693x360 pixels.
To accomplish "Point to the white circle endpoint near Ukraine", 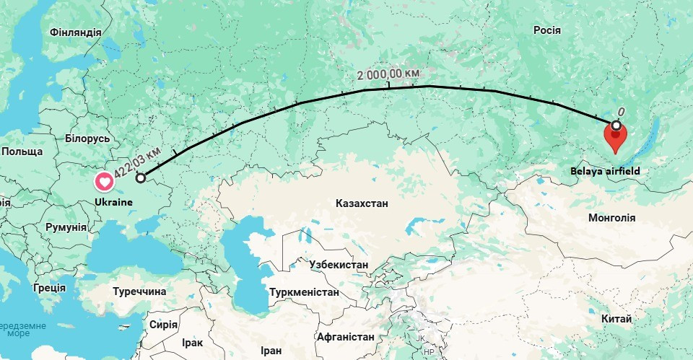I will click(x=140, y=177).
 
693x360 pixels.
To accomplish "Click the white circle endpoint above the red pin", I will click(x=616, y=126).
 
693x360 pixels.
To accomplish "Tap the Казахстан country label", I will click(x=362, y=203).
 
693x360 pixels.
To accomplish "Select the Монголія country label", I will click(x=612, y=217).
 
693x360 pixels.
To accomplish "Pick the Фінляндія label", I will click(x=76, y=32).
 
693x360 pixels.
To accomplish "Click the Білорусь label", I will click(x=87, y=138).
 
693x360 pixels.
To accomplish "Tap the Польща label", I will click(x=22, y=152).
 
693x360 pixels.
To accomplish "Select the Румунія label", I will click(x=66, y=227).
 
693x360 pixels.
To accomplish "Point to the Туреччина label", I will click(x=139, y=291).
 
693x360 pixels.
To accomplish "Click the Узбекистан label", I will click(x=339, y=265).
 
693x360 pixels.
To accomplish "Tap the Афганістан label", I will click(x=345, y=337).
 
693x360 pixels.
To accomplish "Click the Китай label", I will click(x=616, y=319).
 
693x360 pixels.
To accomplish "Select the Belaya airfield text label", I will click(x=605, y=171).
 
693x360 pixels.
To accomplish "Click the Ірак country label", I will click(x=193, y=343).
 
